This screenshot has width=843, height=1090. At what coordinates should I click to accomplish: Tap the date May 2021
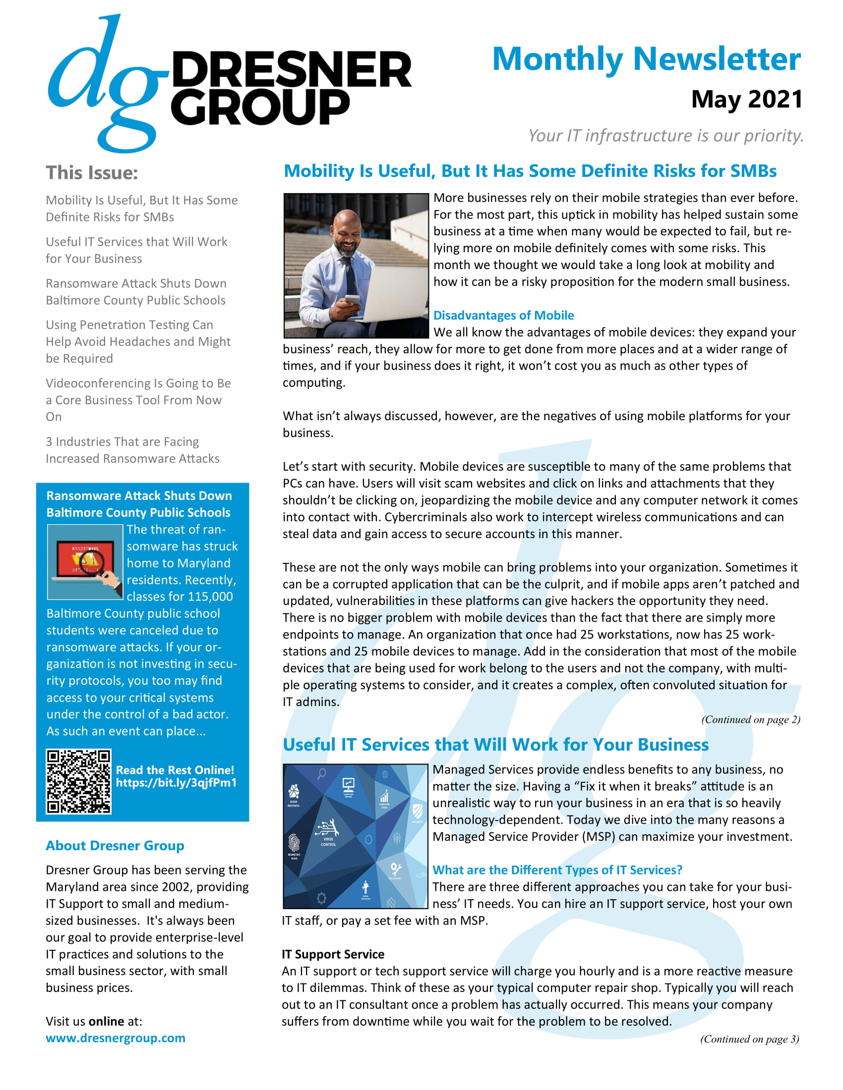[x=746, y=99]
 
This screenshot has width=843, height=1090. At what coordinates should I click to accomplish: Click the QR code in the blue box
[x=78, y=781]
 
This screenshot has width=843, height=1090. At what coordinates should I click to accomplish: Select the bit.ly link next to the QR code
[x=176, y=782]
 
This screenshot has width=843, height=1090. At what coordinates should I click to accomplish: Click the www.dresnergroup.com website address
[x=116, y=1037]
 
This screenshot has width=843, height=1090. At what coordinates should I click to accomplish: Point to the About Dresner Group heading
[x=115, y=845]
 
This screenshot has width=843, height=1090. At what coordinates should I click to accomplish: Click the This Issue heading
[x=92, y=173]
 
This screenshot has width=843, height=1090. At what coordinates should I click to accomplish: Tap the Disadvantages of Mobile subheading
[x=503, y=316]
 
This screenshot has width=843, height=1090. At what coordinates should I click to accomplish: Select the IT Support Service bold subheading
[x=333, y=954]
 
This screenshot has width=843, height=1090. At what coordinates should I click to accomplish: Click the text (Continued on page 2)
[x=750, y=719]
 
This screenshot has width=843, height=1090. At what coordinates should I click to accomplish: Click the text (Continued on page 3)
[x=749, y=1038]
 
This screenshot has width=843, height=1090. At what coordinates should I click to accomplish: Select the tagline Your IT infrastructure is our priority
[x=665, y=136]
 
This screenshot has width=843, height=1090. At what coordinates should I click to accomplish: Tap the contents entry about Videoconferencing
[x=138, y=400]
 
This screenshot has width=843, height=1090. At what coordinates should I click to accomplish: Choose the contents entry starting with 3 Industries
[x=132, y=450]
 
